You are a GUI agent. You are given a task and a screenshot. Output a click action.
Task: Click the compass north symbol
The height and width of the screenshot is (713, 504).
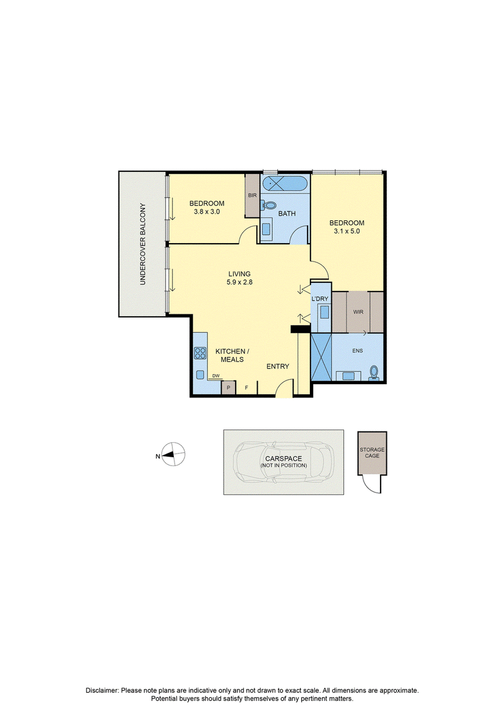[174, 454]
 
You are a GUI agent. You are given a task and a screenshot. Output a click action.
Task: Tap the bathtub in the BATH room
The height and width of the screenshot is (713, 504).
[285, 184]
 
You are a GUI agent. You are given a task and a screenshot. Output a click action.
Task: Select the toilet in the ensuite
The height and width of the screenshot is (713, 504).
[374, 372]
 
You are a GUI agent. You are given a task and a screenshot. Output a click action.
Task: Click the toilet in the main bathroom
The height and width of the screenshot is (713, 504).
[268, 206]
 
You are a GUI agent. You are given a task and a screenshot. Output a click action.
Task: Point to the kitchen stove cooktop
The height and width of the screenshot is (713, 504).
[200, 353]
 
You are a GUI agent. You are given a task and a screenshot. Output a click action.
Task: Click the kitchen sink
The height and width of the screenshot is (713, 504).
[200, 375]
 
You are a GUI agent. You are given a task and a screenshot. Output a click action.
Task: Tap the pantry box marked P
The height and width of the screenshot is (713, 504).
[228, 388]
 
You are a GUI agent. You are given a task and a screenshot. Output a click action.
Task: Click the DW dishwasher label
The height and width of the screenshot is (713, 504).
[216, 375]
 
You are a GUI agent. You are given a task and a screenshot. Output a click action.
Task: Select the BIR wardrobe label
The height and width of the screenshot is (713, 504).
[252, 195]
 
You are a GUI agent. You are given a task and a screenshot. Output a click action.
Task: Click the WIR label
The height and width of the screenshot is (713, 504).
[358, 312]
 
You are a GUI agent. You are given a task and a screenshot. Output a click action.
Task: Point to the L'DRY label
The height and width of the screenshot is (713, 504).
[320, 299]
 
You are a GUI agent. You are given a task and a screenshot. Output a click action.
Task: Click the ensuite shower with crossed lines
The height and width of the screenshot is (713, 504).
[321, 357]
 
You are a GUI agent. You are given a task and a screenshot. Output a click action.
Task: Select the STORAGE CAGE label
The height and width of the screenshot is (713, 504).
[372, 452]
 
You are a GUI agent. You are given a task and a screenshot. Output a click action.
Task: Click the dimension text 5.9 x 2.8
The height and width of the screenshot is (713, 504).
[239, 282]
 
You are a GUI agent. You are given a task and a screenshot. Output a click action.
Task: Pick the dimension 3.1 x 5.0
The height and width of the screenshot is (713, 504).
[346, 231]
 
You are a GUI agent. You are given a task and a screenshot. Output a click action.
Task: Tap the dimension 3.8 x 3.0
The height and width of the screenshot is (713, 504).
[207, 212]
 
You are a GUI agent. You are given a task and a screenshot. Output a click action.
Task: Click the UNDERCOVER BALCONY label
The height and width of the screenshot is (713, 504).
[143, 244]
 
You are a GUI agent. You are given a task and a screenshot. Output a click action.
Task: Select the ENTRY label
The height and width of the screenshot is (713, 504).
[278, 366]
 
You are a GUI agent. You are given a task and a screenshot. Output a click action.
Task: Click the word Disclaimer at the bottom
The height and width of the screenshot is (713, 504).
[102, 690]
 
